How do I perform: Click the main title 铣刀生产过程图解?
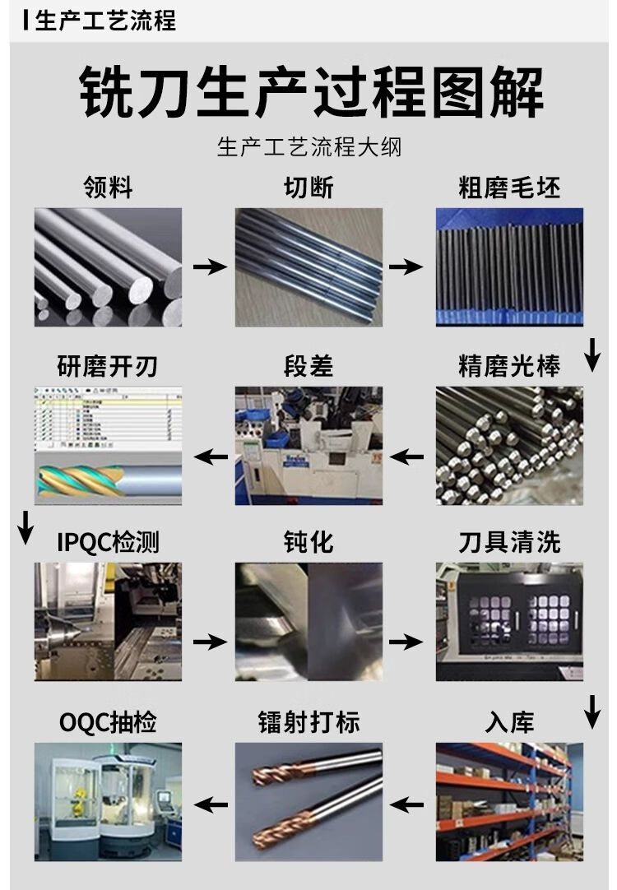pyautogui.click(x=311, y=93)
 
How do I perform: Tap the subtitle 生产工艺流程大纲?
pyautogui.click(x=308, y=148)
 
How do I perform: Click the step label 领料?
pyautogui.click(x=108, y=188)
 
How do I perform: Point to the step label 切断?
pyautogui.click(x=308, y=188)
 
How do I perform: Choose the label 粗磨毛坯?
pyautogui.click(x=509, y=188)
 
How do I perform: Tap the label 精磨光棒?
pyautogui.click(x=509, y=365)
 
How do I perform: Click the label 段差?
pyautogui.click(x=308, y=365)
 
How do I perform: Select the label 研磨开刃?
pyautogui.click(x=108, y=365)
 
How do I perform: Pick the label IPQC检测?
pyautogui.click(x=108, y=542)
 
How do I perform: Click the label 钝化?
pyautogui.click(x=308, y=542)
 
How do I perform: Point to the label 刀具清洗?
pyautogui.click(x=509, y=542)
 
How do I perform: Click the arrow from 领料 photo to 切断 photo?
pyautogui.click(x=209, y=267)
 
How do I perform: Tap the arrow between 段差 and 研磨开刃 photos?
pyautogui.click(x=209, y=456)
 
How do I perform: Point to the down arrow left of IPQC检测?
pyautogui.click(x=26, y=527)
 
